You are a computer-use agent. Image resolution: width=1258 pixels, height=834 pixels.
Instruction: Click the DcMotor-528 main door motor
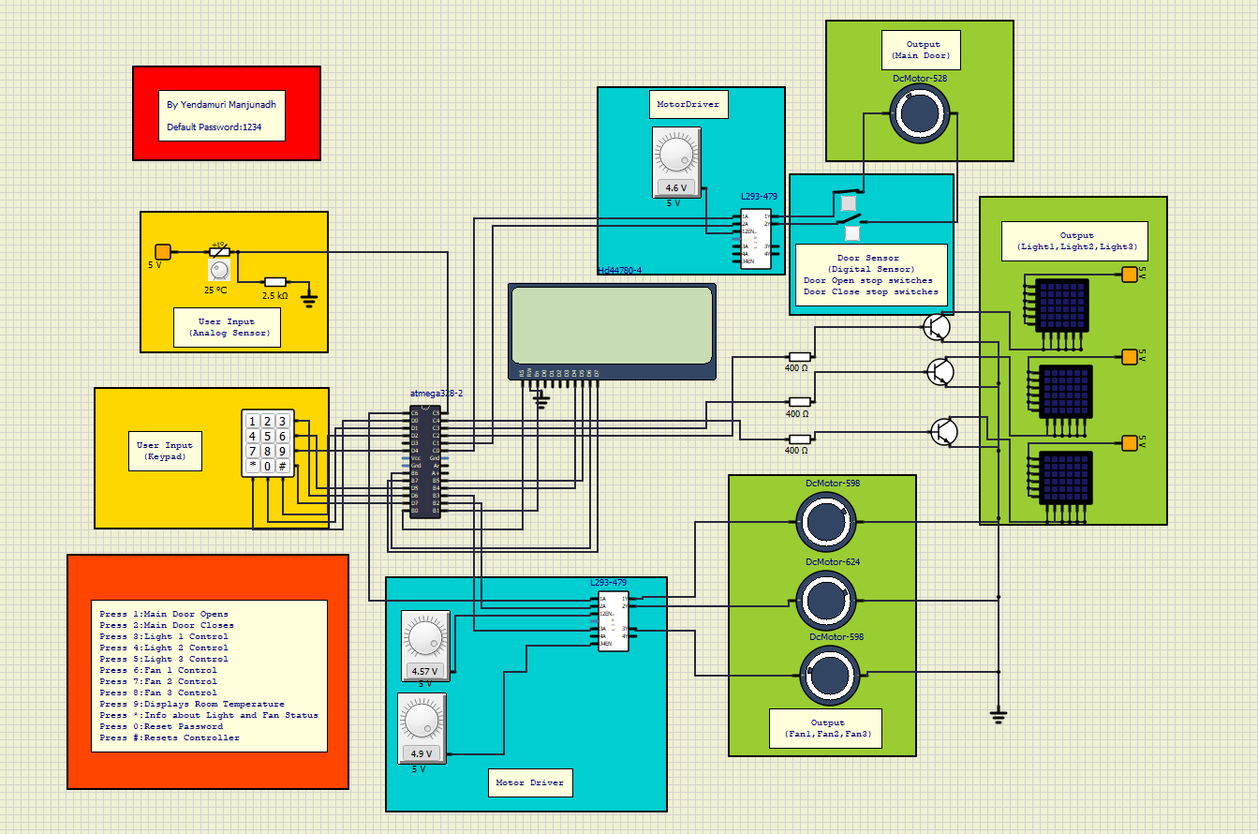point(920,113)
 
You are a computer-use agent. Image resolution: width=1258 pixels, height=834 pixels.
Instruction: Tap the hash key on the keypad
point(282,466)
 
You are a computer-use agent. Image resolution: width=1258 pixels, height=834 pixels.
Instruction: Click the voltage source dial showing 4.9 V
point(422,722)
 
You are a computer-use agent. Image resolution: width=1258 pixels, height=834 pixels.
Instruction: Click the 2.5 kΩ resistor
point(274,281)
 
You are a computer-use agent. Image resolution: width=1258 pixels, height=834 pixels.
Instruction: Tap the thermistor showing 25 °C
point(219,253)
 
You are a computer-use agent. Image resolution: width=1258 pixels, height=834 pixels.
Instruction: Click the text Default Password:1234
point(214,127)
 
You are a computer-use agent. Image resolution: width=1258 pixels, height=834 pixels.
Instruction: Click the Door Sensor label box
point(870,275)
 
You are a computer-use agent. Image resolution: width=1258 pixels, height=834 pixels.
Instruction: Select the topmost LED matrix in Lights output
point(1062,305)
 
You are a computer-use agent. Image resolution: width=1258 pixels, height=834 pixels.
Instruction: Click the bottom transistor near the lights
point(944,431)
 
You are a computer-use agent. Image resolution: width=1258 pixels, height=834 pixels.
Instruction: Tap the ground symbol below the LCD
point(540,399)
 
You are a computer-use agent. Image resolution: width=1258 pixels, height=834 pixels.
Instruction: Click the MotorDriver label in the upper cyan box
point(688,104)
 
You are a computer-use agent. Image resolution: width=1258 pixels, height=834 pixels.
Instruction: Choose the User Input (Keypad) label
point(165,452)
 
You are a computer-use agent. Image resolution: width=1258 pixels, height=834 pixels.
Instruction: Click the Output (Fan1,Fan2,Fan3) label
point(827,728)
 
